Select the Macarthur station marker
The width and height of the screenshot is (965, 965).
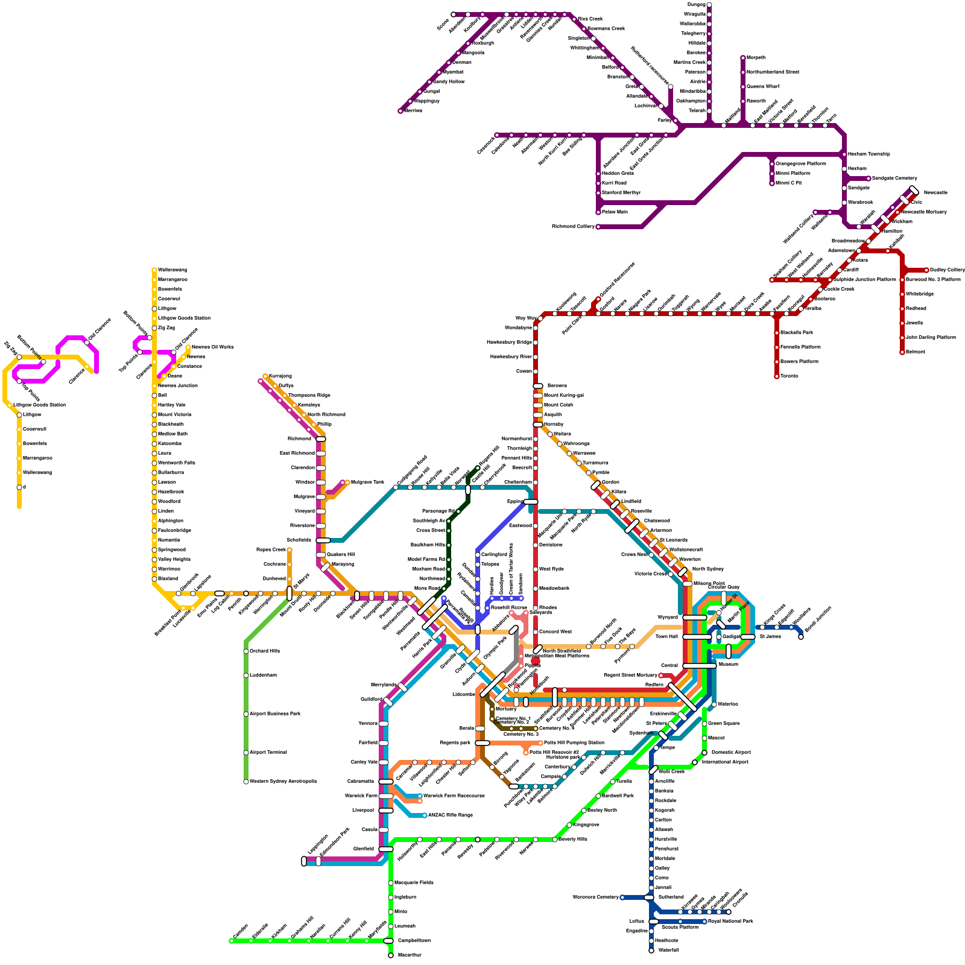(x=391, y=955)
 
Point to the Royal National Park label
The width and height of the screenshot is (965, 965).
(x=730, y=922)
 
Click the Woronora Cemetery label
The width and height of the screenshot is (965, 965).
(x=595, y=897)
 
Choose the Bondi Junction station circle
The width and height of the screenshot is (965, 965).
(x=801, y=637)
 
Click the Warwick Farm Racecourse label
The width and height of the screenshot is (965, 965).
(x=454, y=796)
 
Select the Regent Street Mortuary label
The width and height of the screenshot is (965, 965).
(x=630, y=675)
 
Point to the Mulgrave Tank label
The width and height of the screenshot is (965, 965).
(x=367, y=482)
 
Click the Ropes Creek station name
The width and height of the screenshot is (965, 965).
(x=271, y=550)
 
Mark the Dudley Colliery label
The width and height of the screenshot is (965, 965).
(x=948, y=270)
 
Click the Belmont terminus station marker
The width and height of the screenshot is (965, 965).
(x=902, y=352)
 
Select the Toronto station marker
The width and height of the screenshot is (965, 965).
(x=777, y=376)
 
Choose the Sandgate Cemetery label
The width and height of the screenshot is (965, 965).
(x=894, y=179)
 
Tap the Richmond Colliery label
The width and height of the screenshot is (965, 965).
(x=573, y=227)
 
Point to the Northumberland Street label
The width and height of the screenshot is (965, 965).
(x=773, y=72)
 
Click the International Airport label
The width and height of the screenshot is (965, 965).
(x=725, y=762)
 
